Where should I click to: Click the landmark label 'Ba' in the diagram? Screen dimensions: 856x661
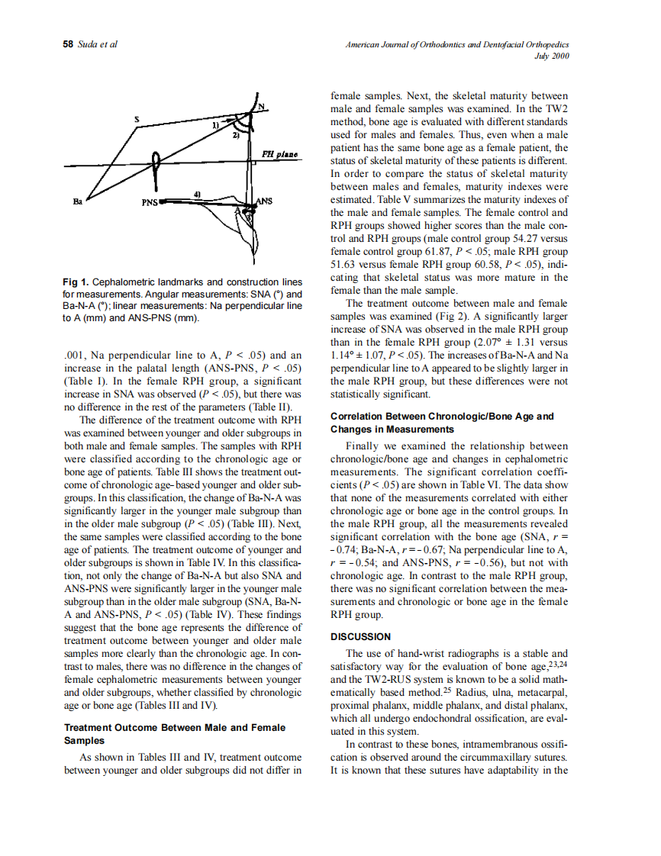(x=76, y=203)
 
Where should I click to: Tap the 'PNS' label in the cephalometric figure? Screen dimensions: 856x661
(x=150, y=203)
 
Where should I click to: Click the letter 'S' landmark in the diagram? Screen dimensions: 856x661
(x=136, y=118)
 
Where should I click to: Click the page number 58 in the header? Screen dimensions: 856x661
(x=67, y=45)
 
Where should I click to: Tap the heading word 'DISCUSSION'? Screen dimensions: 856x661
(x=360, y=636)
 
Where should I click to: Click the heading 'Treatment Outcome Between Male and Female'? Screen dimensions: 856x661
(x=176, y=728)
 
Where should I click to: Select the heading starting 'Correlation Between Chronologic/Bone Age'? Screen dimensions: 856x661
(x=442, y=417)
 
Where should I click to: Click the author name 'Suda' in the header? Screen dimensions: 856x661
(x=89, y=45)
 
